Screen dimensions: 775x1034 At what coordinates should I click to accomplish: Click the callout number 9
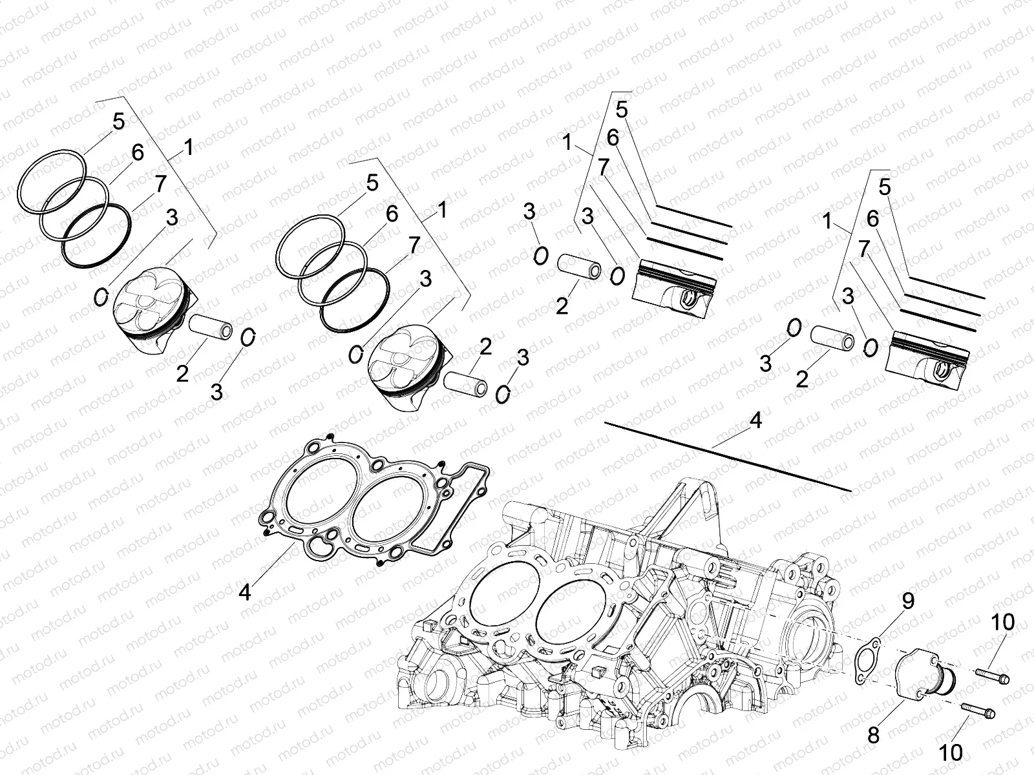coord(908,601)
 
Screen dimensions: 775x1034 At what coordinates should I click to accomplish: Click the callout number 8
coord(874,734)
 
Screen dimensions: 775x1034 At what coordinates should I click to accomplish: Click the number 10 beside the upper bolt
coord(1003,623)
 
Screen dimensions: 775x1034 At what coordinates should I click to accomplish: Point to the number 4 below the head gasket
coord(244,592)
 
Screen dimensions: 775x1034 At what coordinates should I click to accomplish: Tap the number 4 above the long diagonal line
coord(755,420)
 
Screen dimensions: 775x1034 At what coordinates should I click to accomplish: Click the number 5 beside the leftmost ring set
coord(118,121)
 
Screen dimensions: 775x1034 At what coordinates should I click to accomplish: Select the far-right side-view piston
coord(929,358)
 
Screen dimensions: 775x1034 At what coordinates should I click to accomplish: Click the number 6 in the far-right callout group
coord(872,220)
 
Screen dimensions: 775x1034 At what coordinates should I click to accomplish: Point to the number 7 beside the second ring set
coord(414,245)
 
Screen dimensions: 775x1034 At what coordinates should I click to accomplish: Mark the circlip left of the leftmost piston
coord(101,296)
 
